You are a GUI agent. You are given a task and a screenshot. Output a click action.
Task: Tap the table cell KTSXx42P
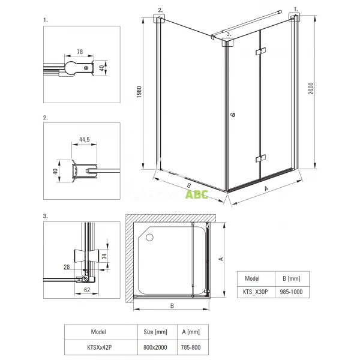97,346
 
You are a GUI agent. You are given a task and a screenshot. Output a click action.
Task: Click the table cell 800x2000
152,346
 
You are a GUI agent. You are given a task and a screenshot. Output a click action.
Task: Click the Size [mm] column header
152,331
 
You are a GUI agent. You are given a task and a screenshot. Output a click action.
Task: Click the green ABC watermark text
196,194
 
